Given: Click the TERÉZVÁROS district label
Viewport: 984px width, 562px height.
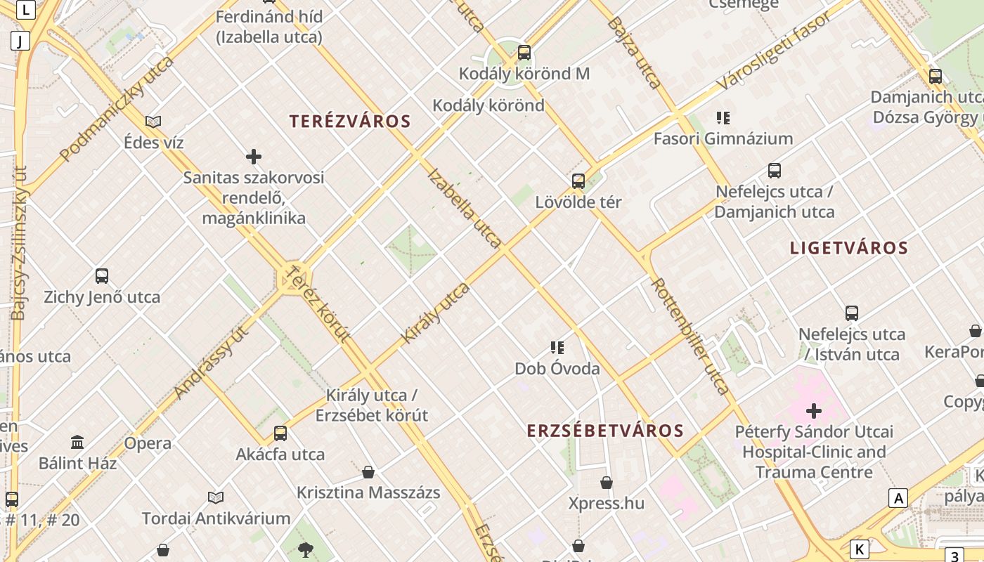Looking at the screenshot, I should (x=350, y=121).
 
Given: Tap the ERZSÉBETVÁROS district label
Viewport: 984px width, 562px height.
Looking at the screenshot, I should (x=605, y=431).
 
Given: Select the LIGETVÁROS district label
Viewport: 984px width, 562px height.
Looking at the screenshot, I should (x=849, y=248).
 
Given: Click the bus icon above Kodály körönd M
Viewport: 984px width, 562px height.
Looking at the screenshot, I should (x=524, y=53).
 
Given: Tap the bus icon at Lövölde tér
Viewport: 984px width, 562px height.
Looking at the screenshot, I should (x=578, y=181).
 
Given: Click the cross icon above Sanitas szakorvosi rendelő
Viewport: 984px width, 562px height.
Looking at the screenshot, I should (x=254, y=156).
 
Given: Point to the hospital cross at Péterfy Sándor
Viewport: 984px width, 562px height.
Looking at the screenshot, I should (x=814, y=410).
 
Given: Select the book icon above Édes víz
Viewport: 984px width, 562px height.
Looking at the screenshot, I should (x=153, y=122).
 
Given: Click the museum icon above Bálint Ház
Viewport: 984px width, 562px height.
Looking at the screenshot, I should (x=77, y=443).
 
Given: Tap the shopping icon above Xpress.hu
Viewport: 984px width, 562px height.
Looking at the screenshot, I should (x=607, y=483).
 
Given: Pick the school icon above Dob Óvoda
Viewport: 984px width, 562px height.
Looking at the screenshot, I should (x=557, y=347).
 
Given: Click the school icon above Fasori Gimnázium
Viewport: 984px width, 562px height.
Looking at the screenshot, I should (x=723, y=117).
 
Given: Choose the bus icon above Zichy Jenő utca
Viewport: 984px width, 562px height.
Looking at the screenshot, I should (x=102, y=276).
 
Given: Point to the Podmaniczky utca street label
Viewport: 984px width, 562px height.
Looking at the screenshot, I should (x=117, y=109).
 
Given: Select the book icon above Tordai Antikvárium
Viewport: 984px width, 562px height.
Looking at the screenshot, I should (x=216, y=497).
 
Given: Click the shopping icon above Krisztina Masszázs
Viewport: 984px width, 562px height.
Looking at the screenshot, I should (x=368, y=472).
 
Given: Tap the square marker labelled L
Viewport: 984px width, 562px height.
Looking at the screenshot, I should (x=26, y=10).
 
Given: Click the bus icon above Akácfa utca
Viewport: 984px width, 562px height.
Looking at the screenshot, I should (x=280, y=433).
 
